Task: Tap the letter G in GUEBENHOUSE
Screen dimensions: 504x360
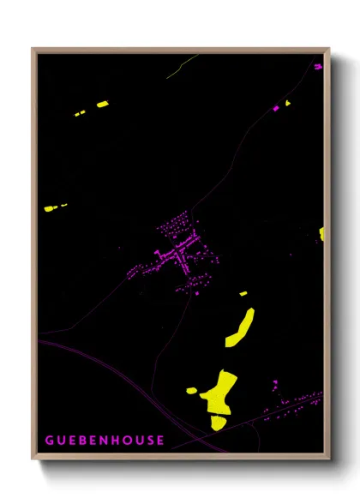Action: coord(50,441)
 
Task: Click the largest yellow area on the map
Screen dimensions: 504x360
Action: coord(220,395)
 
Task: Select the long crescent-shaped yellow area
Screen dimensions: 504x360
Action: coord(241,327)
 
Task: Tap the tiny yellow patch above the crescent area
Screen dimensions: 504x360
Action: coord(243,294)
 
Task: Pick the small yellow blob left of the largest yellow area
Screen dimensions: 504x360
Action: coord(192,391)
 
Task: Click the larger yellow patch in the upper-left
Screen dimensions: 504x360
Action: coord(102,105)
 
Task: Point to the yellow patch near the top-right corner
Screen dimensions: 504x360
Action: coord(286,103)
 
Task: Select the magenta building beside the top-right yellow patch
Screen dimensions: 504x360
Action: coord(276,108)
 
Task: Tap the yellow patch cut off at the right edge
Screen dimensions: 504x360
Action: coord(321,233)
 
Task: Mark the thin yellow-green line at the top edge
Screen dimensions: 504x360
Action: coord(183,63)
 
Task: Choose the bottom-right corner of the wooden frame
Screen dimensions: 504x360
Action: coord(328,459)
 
